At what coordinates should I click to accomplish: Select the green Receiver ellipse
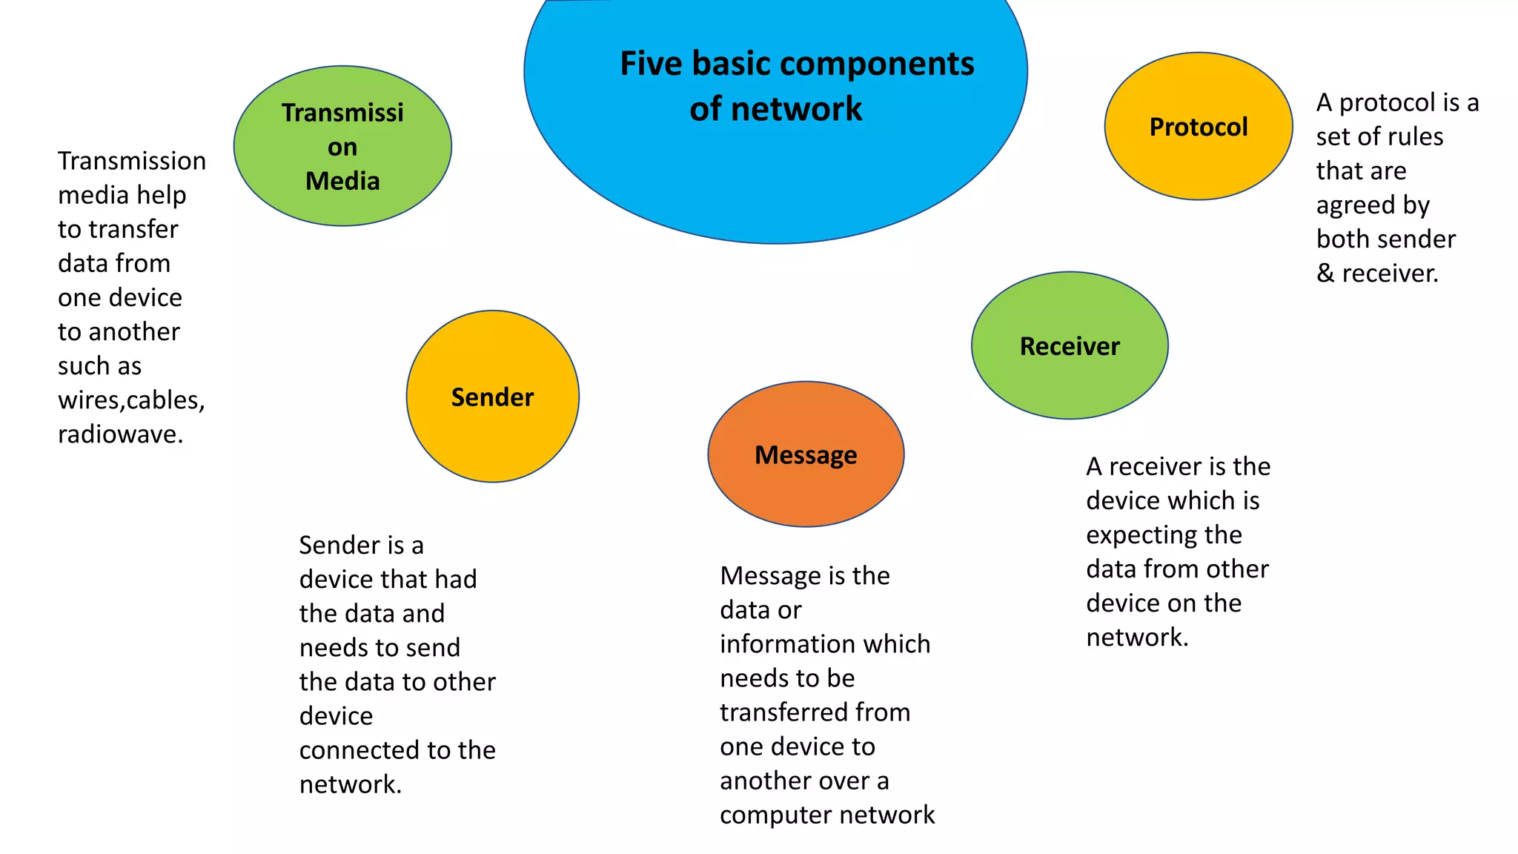tap(1070, 378)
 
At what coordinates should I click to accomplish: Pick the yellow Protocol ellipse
tap(1199, 159)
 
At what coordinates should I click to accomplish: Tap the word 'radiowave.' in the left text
tap(121, 434)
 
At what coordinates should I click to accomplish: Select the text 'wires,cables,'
tap(131, 400)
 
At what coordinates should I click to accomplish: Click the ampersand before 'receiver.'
tap(1325, 274)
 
